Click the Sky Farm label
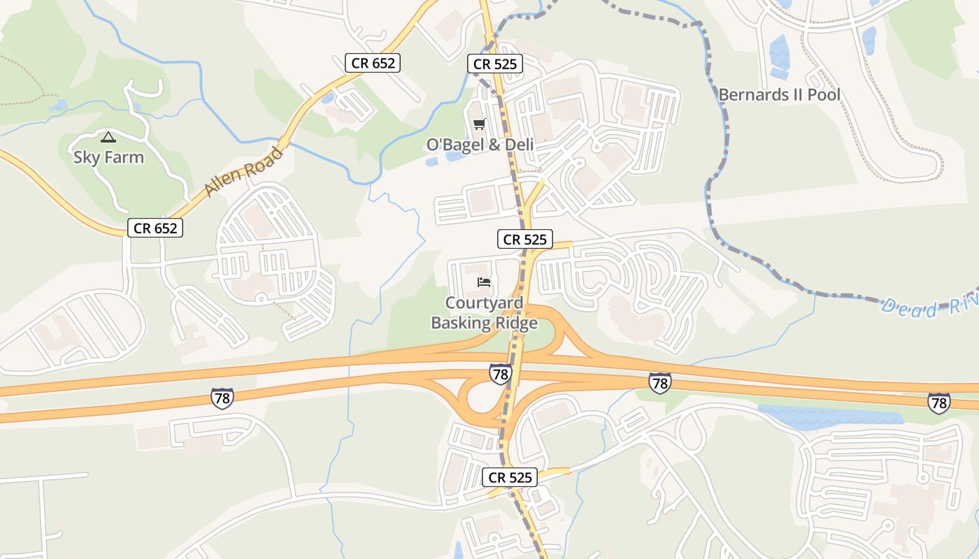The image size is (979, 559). [108, 157]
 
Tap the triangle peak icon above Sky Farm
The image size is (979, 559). [108, 137]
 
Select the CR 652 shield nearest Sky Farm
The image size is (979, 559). [155, 228]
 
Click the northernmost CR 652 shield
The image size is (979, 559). [373, 63]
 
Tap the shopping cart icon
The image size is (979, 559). [479, 124]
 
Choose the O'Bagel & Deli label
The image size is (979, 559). [480, 145]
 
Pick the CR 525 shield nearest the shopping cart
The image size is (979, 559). [495, 64]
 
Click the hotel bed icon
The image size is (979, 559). [484, 282]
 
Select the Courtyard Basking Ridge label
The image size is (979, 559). [484, 313]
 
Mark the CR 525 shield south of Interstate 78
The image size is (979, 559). [510, 478]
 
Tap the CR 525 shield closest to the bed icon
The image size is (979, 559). [525, 239]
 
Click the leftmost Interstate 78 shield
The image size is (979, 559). [222, 398]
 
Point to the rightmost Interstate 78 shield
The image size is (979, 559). [938, 402]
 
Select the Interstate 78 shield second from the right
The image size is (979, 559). [659, 382]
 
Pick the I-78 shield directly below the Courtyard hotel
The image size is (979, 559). [500, 374]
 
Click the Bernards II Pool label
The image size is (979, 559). [779, 94]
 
